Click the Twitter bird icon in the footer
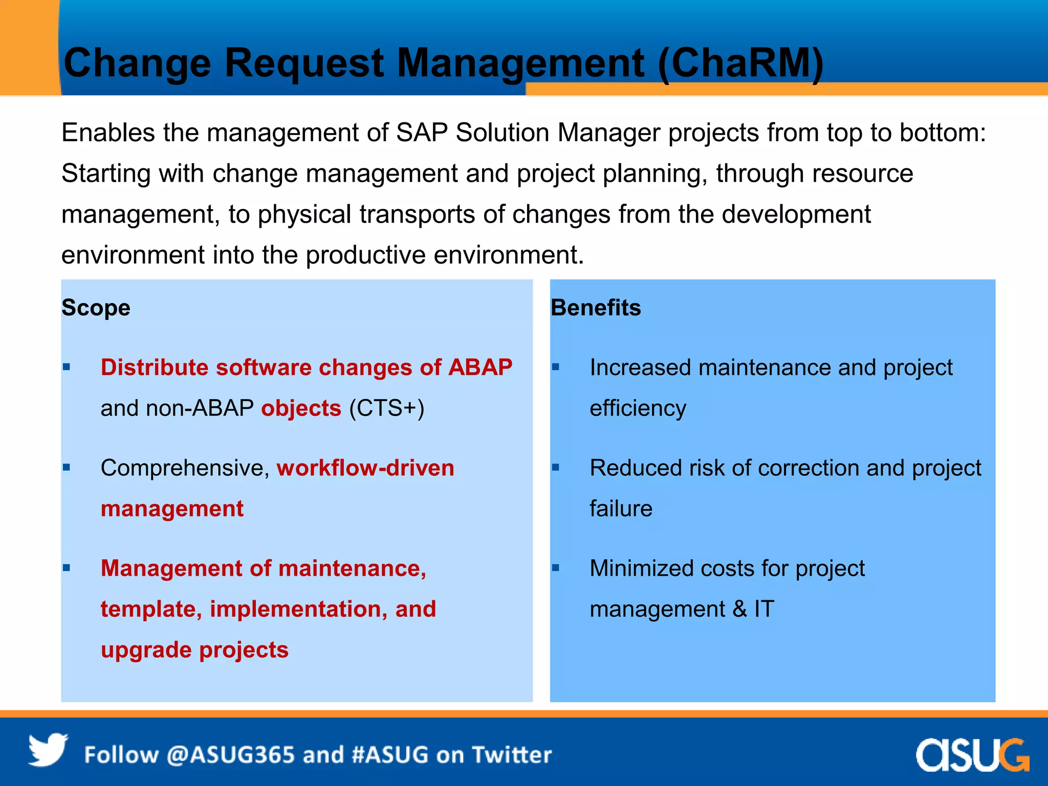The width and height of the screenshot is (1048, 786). (48, 750)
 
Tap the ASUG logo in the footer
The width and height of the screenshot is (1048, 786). (972, 754)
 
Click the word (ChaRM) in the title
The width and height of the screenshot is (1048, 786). (740, 63)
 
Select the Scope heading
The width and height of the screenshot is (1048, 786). (96, 308)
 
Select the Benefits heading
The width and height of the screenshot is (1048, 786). (596, 308)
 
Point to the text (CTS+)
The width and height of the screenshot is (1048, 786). (386, 408)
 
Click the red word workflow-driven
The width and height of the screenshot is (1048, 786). (365, 468)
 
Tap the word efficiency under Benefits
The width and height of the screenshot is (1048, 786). (638, 408)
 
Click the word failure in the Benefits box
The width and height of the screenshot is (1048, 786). (621, 509)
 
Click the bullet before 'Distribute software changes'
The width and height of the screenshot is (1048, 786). (67, 367)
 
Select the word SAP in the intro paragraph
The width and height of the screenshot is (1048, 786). (422, 133)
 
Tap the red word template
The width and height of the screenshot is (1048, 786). (147, 609)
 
